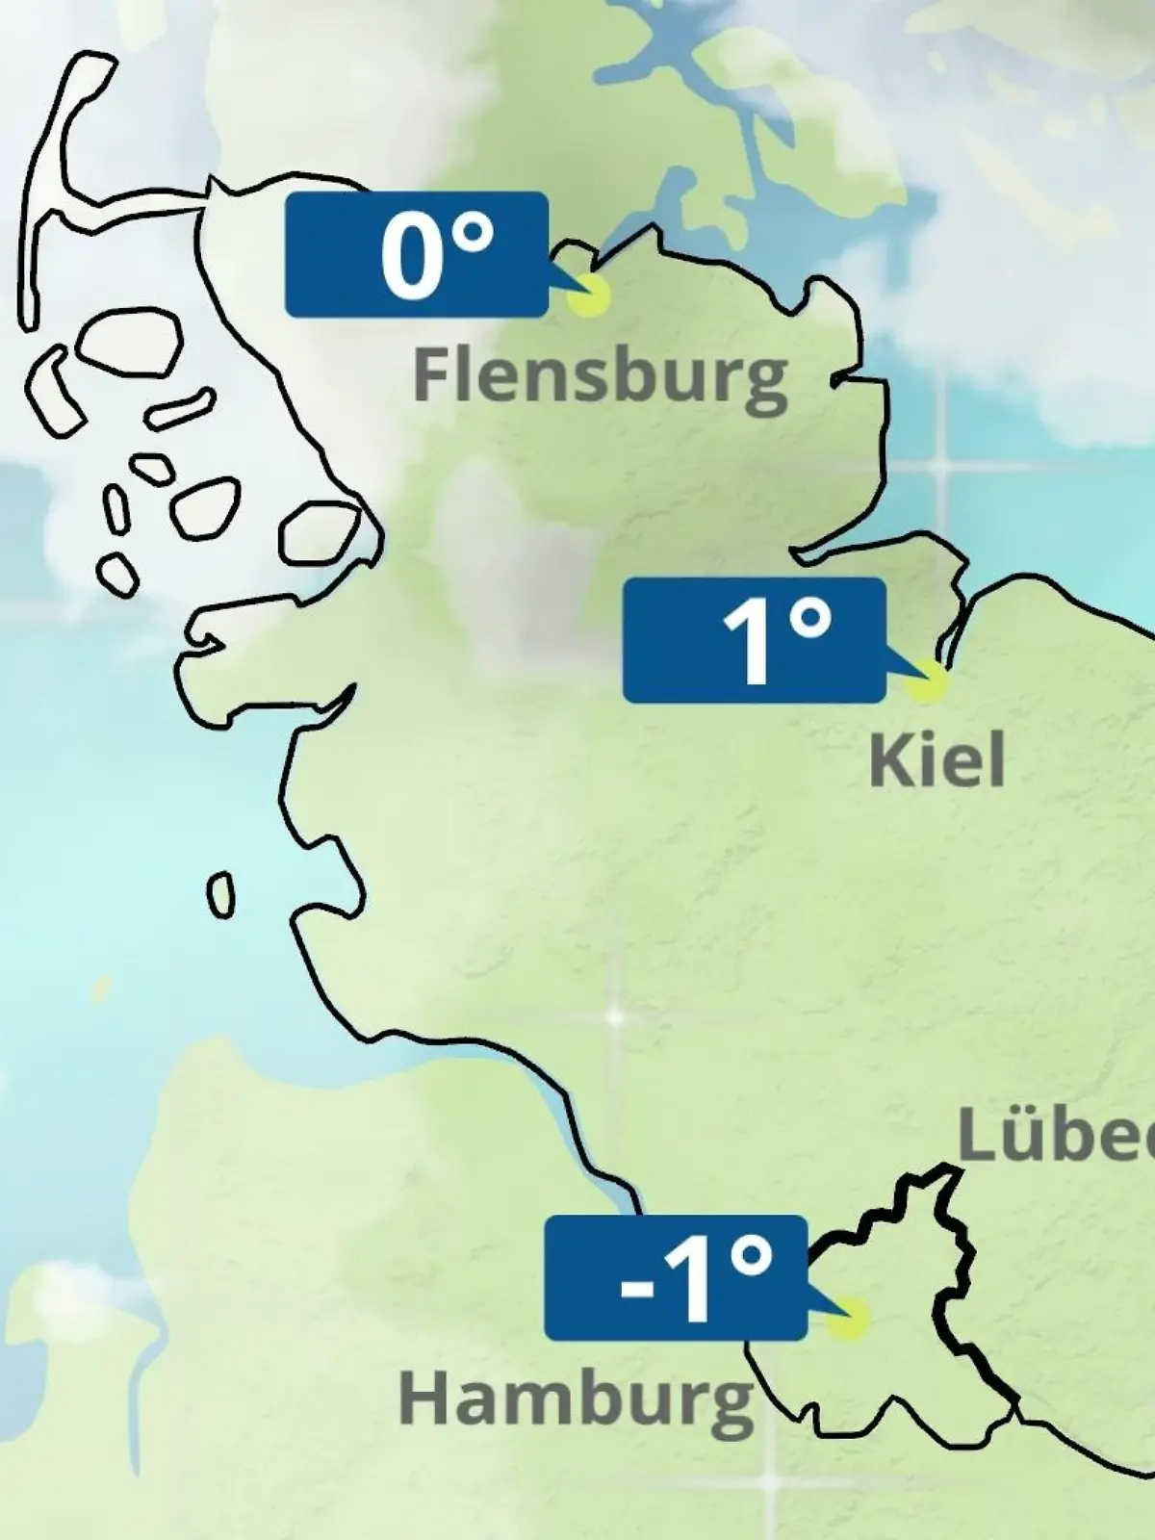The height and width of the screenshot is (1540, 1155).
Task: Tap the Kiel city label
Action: pos(937,760)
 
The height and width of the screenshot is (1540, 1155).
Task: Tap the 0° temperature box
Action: pos(417,254)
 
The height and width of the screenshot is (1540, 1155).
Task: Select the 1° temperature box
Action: pos(754,640)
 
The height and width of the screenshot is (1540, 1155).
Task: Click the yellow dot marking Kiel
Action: pos(926,681)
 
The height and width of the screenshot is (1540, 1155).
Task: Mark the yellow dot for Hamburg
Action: pos(848,1319)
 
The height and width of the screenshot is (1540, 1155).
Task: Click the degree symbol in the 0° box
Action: pos(472,234)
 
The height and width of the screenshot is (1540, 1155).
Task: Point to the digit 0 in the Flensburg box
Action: pos(409,258)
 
